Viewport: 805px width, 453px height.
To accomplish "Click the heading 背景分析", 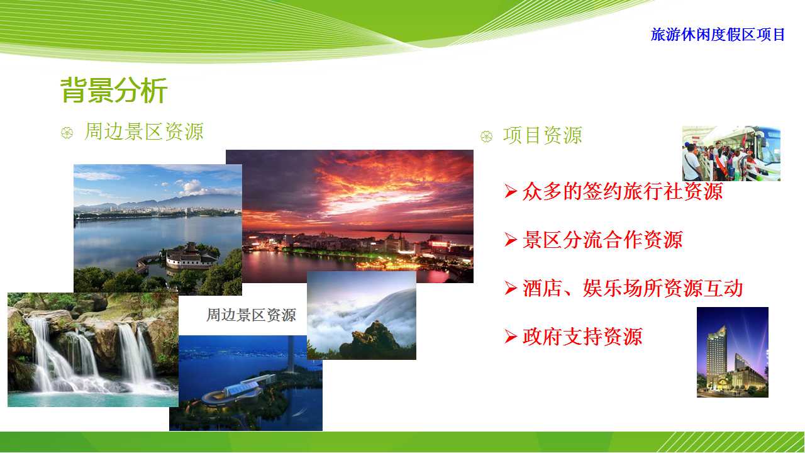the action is pos(114,90).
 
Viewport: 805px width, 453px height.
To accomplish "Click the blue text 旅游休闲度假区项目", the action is pos(718,35).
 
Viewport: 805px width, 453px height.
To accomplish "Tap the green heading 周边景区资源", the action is pos(144,131).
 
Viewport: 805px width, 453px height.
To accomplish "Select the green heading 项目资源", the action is pos(542,135).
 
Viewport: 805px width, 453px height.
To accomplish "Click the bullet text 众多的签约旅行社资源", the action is pos(623,191).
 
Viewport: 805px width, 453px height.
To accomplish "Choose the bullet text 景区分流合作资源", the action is pos(602,240).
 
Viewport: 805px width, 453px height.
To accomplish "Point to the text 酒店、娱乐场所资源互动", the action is pos(633,288).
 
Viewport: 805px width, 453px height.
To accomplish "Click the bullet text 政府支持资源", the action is pos(582,337).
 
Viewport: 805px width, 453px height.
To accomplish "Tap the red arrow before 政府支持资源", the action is pos(510,337).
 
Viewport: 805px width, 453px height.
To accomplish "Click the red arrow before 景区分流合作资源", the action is pos(510,240).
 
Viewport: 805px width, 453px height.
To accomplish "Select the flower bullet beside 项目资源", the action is pos(487,137).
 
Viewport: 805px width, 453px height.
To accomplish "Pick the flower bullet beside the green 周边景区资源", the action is pos(67,133).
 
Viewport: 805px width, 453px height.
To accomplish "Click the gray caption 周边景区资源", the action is pos(251,315).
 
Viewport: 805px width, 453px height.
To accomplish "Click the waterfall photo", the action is pos(92,350).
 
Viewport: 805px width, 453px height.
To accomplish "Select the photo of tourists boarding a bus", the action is pos(731,153).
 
